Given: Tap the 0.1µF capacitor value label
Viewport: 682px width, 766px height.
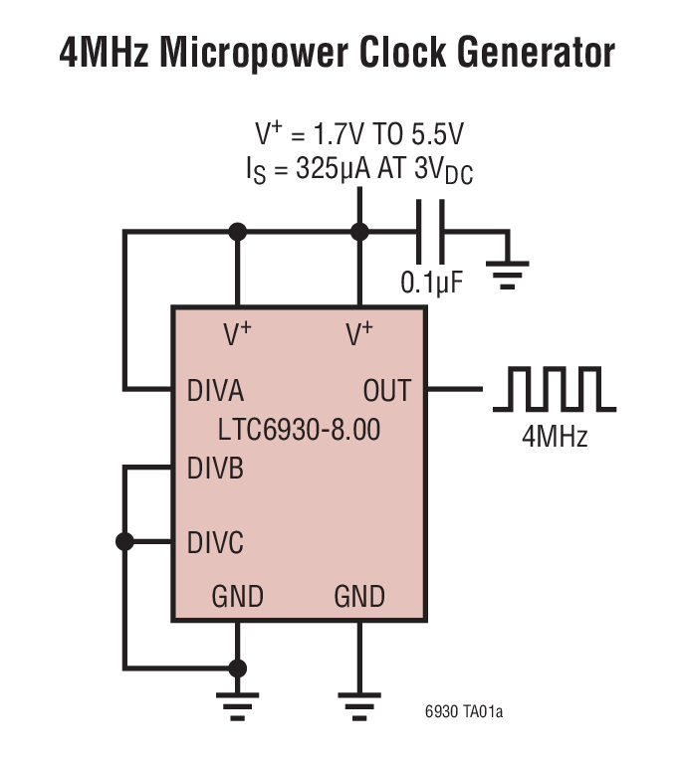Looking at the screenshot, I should [432, 283].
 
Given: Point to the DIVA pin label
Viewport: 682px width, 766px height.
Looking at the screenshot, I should [215, 390].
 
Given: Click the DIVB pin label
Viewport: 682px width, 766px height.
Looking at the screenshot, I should [215, 469].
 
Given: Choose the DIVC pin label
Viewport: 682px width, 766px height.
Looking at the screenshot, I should [215, 543].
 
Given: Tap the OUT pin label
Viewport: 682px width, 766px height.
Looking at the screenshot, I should [386, 390].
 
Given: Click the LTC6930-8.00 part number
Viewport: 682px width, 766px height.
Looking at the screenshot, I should [299, 431].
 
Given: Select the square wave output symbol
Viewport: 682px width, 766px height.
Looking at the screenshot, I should [555, 389].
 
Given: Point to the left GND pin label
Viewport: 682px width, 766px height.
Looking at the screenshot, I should [237, 597].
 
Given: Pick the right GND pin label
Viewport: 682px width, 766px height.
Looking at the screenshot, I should [359, 597].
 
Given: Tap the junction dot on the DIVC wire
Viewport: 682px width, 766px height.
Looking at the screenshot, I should [124, 542].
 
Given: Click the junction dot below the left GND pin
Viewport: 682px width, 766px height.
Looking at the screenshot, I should [237, 668].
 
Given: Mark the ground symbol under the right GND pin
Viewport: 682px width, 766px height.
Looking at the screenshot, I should [359, 700].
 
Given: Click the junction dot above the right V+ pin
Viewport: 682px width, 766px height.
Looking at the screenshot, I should [359, 233].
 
